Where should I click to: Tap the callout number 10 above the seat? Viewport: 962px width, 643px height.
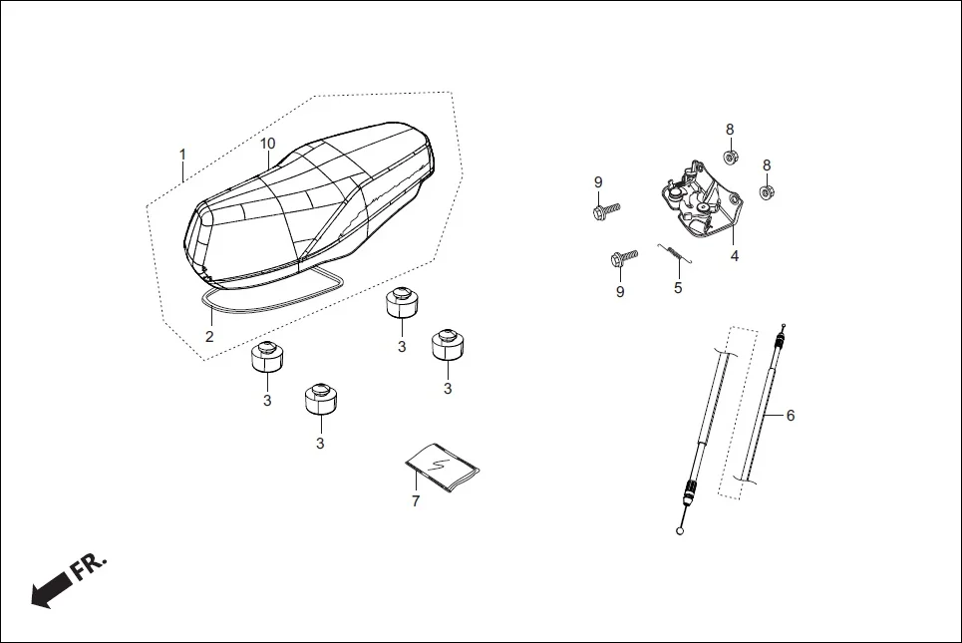(x=267, y=144)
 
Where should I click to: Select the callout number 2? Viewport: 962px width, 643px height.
(x=209, y=337)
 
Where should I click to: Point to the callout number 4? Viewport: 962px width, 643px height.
(x=734, y=256)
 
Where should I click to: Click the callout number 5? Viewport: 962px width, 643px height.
(x=678, y=288)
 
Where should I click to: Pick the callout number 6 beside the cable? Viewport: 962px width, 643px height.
(x=791, y=416)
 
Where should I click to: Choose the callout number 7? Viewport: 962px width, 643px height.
(x=416, y=501)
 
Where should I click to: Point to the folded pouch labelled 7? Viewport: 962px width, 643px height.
(x=443, y=466)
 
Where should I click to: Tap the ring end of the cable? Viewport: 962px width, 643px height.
(x=681, y=530)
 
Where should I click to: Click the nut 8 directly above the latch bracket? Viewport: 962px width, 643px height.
(x=730, y=157)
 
